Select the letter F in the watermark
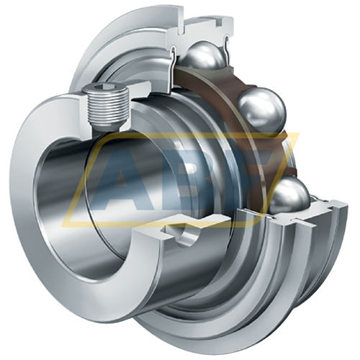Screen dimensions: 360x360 click(245, 173)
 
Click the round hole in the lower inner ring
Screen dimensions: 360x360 click(190, 235)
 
